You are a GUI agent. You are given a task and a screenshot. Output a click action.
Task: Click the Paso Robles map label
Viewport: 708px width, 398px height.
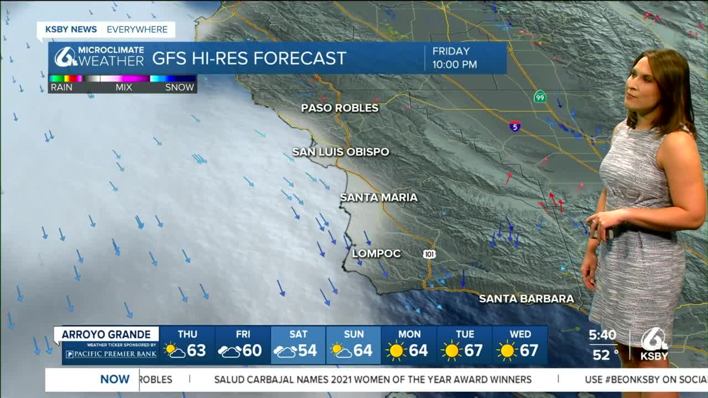tap(340, 108)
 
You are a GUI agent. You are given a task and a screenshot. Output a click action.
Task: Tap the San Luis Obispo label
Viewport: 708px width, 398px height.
tap(340, 151)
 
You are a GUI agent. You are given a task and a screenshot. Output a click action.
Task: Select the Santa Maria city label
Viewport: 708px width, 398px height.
tap(378, 197)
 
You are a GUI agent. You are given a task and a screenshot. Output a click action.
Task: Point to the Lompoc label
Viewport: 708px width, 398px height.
tap(376, 254)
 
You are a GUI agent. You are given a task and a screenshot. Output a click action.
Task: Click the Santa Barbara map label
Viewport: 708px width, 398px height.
tap(526, 299)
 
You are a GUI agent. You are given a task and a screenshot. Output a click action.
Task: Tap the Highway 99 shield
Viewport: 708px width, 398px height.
tap(540, 97)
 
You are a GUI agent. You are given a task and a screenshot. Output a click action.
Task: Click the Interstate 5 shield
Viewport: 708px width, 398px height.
tap(515, 126)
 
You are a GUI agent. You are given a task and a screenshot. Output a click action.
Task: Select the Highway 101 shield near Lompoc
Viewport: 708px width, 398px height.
tap(429, 254)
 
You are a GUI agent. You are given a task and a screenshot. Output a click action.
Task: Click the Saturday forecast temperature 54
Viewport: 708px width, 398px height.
tap(307, 350)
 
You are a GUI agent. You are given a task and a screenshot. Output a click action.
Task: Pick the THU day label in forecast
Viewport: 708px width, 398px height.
tap(188, 334)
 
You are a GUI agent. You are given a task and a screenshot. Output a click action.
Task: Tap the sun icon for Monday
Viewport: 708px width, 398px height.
tap(396, 351)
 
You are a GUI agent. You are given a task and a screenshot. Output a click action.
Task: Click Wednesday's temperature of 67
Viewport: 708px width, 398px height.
tap(529, 350)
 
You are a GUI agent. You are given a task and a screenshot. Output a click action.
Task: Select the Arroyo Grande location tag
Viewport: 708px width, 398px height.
tap(106, 334)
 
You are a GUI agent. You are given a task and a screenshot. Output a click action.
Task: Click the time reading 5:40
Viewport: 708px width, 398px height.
tap(602, 335)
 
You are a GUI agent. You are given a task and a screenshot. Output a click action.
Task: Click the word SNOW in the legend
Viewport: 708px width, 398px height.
tap(180, 87)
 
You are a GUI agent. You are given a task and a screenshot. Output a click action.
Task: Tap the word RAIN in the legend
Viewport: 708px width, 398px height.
tap(61, 87)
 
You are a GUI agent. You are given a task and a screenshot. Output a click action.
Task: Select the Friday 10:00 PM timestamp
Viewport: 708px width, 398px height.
tap(454, 58)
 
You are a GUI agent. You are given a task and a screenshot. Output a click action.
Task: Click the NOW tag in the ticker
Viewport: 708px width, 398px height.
tap(114, 379)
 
